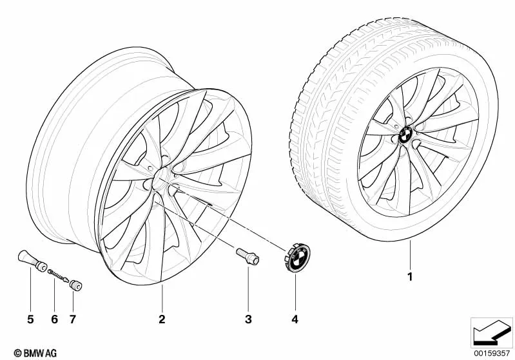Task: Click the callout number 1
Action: click(409, 277)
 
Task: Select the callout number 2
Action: click(162, 319)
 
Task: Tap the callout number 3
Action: click(248, 319)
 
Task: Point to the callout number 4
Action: click(295, 319)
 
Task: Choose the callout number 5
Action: click(30, 319)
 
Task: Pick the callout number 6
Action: click(55, 319)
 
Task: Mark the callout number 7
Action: click(73, 319)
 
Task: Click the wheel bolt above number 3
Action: click(248, 256)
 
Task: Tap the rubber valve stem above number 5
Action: click(32, 261)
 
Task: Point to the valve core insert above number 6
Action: click(58, 276)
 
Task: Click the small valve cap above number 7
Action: click(75, 285)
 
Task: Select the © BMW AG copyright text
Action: click(35, 353)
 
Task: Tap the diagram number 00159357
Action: click(491, 353)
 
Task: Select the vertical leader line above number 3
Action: click(248, 288)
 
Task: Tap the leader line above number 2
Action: click(162, 298)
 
